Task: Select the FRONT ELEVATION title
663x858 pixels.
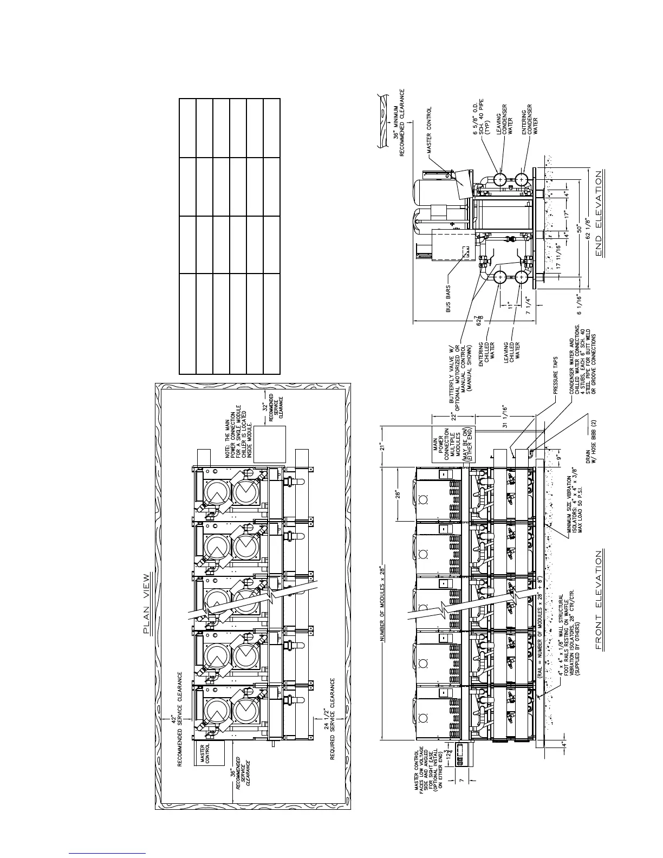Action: tap(599, 600)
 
